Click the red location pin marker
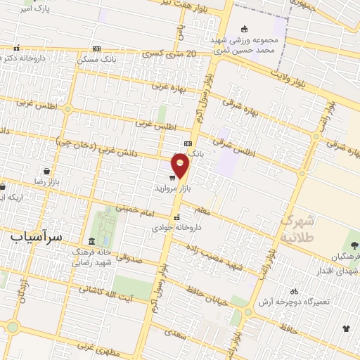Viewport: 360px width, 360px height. pos(181,166)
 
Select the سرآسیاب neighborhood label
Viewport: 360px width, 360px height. pos(37,237)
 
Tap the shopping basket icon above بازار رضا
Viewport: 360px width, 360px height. pos(46,171)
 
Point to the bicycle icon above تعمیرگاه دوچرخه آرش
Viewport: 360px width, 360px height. pos(294,290)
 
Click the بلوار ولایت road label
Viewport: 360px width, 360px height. pos(290,72)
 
